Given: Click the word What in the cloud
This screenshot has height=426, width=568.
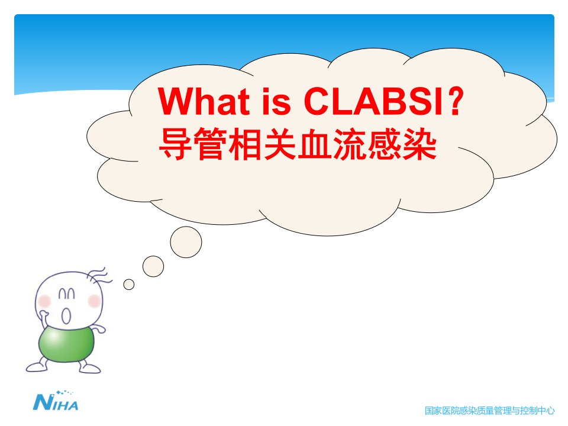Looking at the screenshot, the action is click(x=204, y=101).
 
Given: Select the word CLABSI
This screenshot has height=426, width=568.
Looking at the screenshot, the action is click(x=374, y=101).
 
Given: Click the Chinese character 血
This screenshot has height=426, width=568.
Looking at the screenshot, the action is click(x=314, y=144).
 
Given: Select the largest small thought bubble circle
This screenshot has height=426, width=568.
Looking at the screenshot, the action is click(x=186, y=242).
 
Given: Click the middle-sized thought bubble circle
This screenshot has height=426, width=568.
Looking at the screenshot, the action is click(x=153, y=266).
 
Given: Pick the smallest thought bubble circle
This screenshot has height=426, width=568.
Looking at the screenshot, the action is click(x=129, y=285).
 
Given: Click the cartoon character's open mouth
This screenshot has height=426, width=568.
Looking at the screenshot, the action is click(x=66, y=315).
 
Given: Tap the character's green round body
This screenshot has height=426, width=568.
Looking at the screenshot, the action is click(x=66, y=343).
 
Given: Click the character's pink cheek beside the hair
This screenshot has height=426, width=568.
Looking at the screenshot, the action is click(x=94, y=301).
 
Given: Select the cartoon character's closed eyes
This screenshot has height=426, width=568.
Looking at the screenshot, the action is click(x=67, y=293).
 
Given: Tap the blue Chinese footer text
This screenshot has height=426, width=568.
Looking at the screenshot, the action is click(x=489, y=411).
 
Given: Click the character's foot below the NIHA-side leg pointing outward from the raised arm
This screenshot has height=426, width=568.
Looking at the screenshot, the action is click(x=36, y=367).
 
